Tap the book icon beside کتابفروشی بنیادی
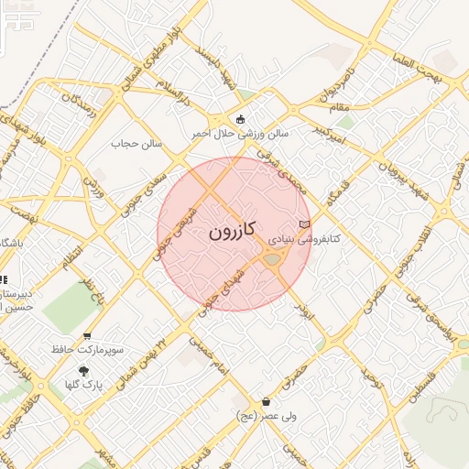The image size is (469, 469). point(305,224)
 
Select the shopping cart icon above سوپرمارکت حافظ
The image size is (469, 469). point(87,336)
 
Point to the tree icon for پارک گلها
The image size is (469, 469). point(85,371)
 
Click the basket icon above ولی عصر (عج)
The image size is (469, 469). point(266,401)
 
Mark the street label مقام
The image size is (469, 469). point(342,108)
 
